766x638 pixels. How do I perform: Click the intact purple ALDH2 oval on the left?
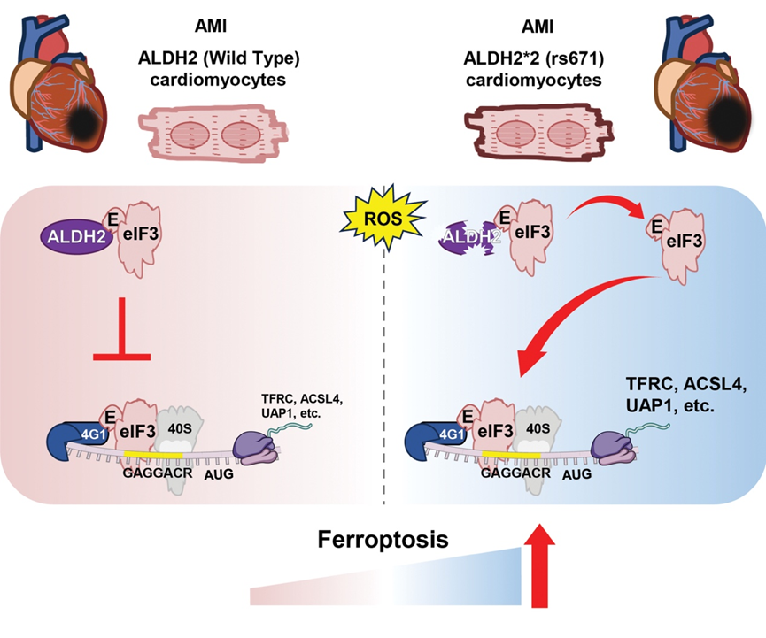(x=75, y=236)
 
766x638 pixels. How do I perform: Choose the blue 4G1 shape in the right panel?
(x=431, y=435)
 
